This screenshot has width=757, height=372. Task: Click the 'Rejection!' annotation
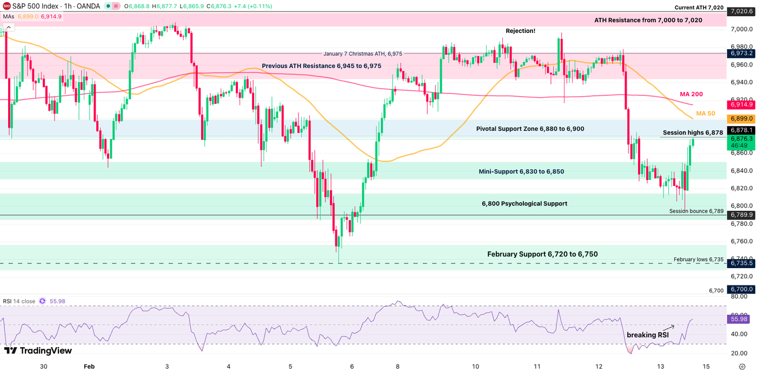(x=520, y=31)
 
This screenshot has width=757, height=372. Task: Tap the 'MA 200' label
(x=691, y=94)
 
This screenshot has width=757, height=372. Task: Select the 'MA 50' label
(x=706, y=114)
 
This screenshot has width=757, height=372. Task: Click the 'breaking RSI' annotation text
(x=647, y=335)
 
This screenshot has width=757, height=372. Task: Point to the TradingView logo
(x=38, y=350)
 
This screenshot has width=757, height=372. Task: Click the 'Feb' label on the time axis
(x=89, y=366)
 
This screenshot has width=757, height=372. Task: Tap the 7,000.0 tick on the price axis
(x=739, y=29)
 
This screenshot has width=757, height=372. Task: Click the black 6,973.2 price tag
(x=741, y=54)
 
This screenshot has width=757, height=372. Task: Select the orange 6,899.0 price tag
(x=741, y=118)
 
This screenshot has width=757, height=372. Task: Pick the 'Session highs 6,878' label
(x=693, y=132)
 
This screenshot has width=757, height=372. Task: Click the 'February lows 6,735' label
(x=698, y=260)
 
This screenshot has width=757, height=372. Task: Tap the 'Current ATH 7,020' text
(x=699, y=7)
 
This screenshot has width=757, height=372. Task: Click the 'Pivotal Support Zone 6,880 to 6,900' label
(x=530, y=129)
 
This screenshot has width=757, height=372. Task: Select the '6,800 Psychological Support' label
(x=524, y=204)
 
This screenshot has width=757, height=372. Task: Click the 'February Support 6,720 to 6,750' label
(x=542, y=254)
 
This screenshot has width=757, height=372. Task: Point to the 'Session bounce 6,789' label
(x=696, y=211)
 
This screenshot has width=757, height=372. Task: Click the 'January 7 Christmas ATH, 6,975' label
(x=362, y=54)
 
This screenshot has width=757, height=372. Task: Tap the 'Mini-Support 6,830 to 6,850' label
(x=521, y=171)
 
